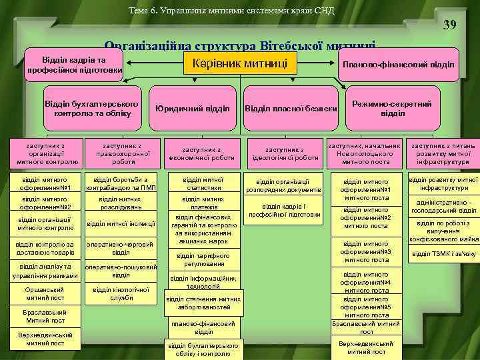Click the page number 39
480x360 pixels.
pyautogui.click(x=450, y=26)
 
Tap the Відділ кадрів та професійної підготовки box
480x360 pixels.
pyautogui.click(x=73, y=65)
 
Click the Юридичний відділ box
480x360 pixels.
pyautogui.click(x=192, y=108)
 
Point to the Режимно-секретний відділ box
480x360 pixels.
pyautogui.click(x=393, y=108)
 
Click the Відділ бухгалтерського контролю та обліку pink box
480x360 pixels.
pyautogui.click(x=91, y=109)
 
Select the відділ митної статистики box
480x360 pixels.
pyautogui.click(x=204, y=183)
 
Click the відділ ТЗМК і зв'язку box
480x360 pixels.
pyautogui.click(x=444, y=253)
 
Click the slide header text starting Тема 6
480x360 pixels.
pyautogui.click(x=232, y=10)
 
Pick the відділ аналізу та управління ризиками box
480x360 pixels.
pyautogui.click(x=45, y=271)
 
